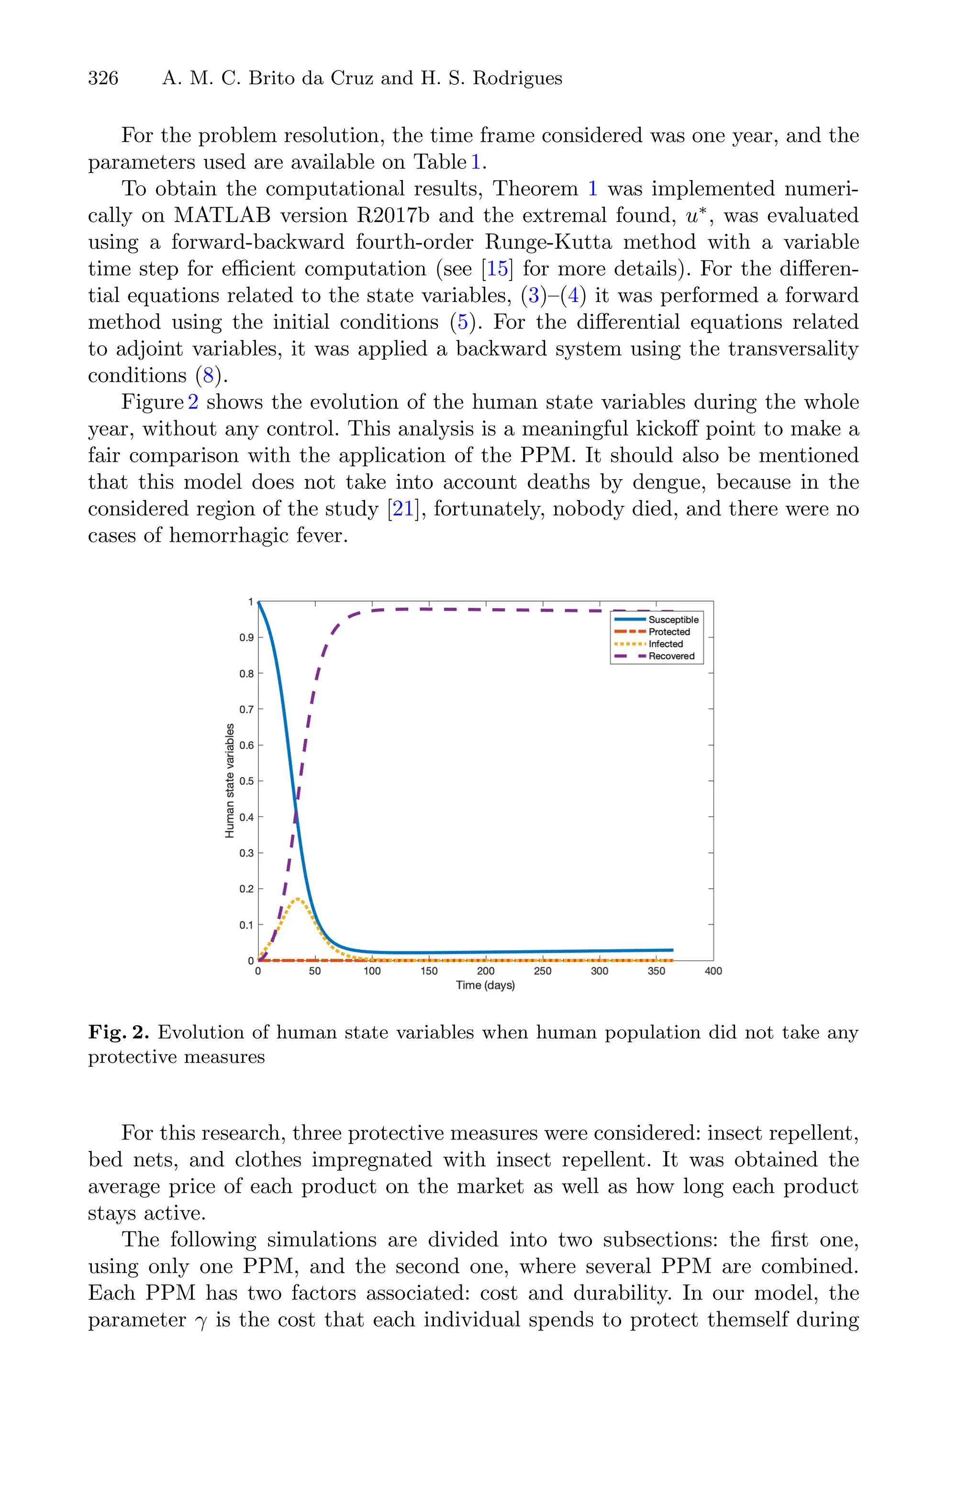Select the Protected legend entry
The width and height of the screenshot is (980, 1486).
point(669,632)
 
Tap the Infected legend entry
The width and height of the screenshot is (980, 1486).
point(665,644)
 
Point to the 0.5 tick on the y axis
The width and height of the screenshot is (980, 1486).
point(247,781)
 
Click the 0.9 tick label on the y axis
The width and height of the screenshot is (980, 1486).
point(247,638)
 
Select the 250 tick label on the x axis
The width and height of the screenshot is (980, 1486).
point(543,971)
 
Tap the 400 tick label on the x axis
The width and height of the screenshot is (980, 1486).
point(713,971)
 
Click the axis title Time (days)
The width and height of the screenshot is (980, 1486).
point(485,985)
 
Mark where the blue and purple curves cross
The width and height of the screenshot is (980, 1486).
point(296,812)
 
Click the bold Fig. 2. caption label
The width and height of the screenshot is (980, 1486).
point(119,1032)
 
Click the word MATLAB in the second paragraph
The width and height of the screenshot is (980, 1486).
point(222,215)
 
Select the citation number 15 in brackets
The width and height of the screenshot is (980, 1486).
point(498,268)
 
